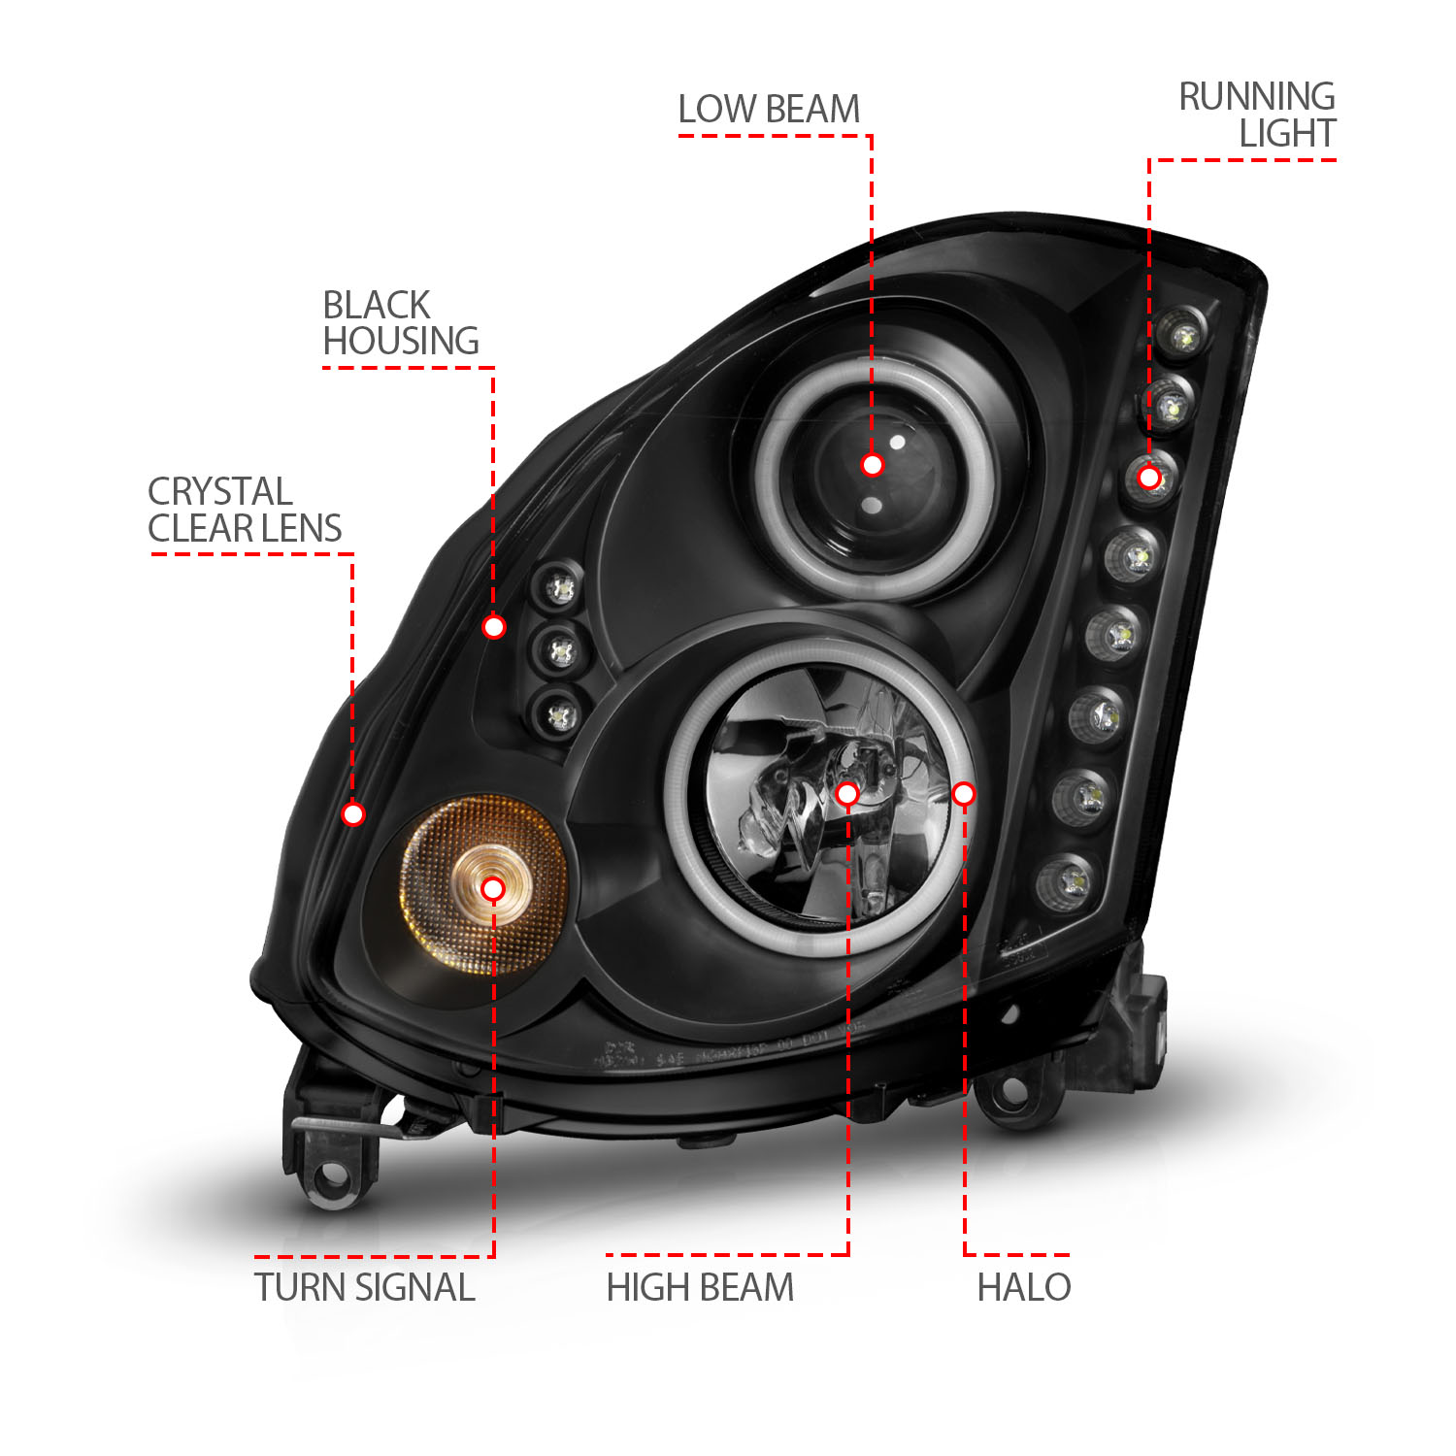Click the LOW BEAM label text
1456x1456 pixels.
769,110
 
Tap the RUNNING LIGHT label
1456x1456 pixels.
1257,115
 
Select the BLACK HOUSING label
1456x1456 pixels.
400,323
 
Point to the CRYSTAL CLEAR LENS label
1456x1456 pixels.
245,510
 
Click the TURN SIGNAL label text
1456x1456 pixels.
365,1287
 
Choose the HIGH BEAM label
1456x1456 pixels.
700,1287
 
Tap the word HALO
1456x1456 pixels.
1023,1287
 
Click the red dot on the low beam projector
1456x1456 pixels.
872,465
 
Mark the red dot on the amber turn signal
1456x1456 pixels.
493,889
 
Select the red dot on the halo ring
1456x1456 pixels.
963,794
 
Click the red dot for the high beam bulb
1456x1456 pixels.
847,794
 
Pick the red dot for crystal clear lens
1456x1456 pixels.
353,813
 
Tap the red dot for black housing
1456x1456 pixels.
493,627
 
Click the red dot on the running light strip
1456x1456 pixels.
1149,478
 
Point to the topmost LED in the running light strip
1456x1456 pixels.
1184,336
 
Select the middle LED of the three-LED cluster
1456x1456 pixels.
562,651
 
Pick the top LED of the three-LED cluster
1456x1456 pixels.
561,588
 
